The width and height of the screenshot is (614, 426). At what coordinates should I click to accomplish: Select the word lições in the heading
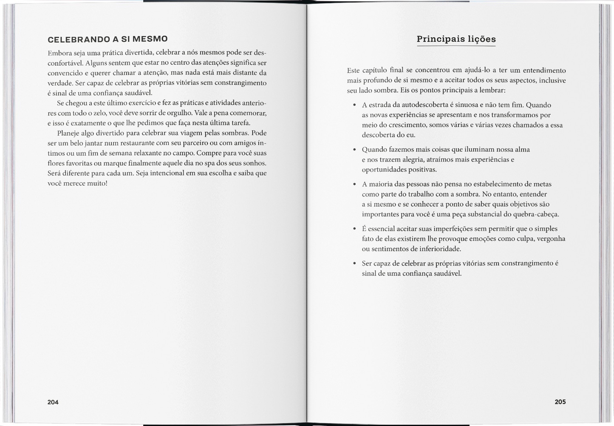[482, 39]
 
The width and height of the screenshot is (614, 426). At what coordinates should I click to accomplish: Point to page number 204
[53, 402]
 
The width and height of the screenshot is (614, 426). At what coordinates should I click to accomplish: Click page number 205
[560, 402]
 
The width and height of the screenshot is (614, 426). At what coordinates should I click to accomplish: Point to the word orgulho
[180, 113]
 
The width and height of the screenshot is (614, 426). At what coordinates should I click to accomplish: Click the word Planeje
[68, 133]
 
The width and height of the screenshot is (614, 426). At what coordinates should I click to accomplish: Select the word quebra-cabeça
[536, 214]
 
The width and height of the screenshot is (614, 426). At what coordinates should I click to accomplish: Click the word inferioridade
[440, 249]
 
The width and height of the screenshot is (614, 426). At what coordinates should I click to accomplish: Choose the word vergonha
[551, 239]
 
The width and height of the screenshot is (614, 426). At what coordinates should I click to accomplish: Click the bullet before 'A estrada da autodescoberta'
[354, 105]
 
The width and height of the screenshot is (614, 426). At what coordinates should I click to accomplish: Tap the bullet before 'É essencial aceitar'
[354, 229]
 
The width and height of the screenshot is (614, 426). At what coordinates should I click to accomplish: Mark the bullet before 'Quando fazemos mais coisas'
[354, 150]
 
